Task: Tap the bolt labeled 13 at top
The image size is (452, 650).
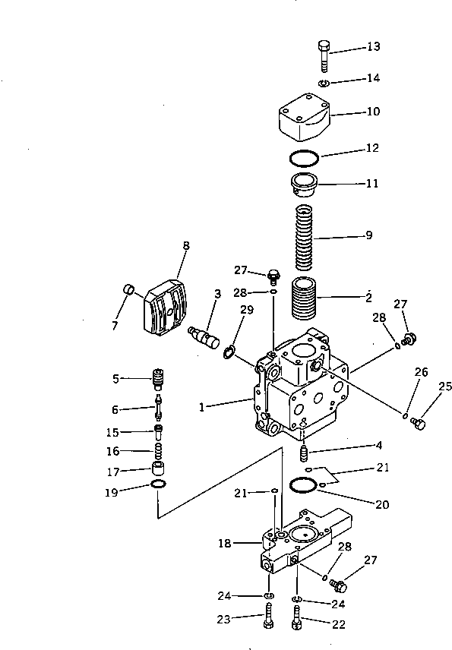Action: click(323, 55)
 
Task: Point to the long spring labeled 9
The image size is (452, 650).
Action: click(303, 237)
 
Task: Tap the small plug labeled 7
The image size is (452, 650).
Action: click(129, 291)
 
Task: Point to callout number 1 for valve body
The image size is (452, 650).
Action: click(202, 407)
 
